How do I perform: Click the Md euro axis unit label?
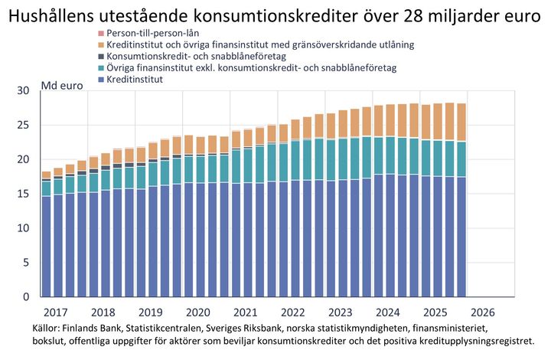(61, 84)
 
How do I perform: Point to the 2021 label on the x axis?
(245, 313)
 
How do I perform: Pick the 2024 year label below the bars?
(388, 313)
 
